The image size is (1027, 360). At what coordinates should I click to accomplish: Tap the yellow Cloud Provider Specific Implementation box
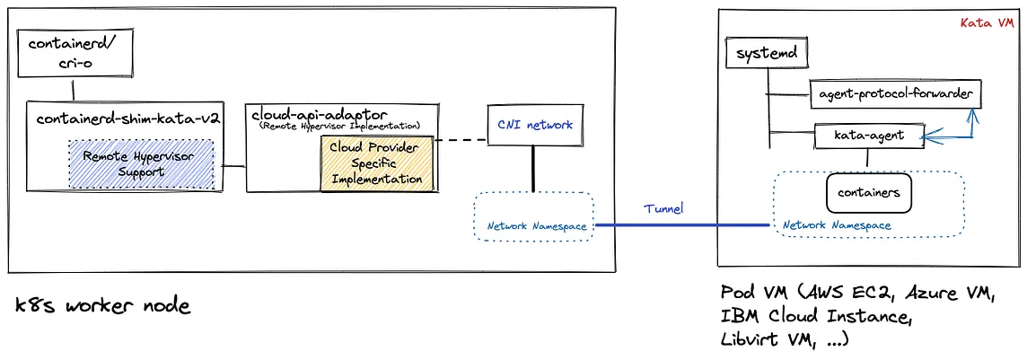click(376, 163)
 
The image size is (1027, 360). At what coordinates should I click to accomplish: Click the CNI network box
click(534, 125)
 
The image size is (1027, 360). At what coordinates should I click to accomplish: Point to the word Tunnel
click(663, 208)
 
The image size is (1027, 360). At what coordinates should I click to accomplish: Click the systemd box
click(766, 56)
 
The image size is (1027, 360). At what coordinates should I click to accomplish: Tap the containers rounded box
click(868, 192)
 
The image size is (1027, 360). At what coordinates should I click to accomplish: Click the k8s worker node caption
click(103, 306)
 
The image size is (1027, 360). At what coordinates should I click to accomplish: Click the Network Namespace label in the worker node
click(537, 226)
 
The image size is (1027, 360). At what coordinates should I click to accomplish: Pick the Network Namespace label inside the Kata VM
click(837, 225)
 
